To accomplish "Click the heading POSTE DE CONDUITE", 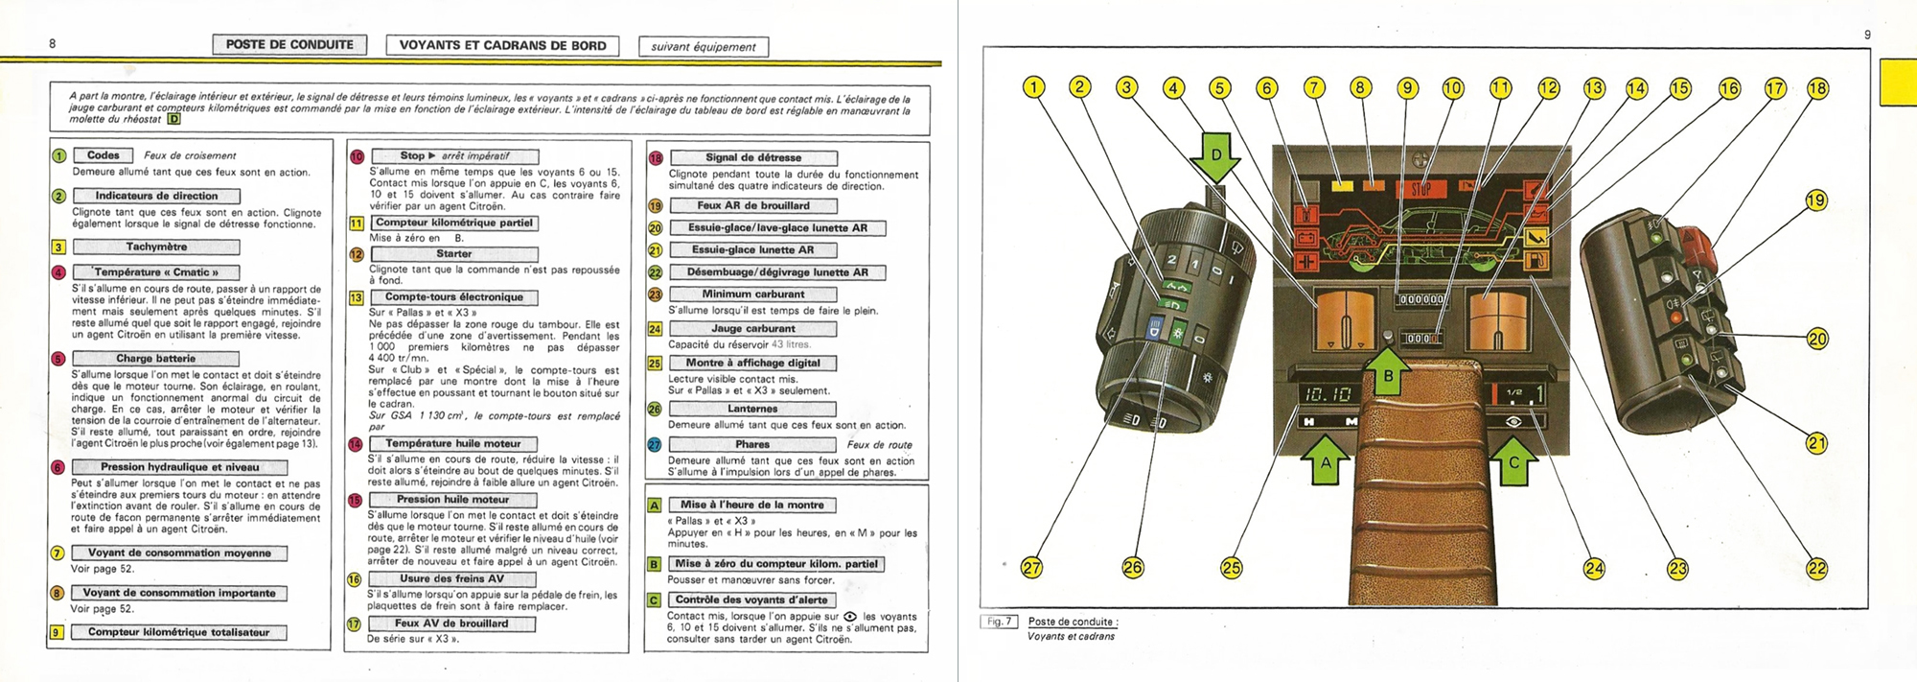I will click(289, 45).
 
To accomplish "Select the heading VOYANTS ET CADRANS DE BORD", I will click(502, 45).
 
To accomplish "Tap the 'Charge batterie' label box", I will click(155, 359).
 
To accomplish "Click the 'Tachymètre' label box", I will click(156, 247).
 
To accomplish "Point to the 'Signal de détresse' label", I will click(753, 157).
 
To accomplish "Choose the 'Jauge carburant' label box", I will click(752, 329).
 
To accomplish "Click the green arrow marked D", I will click(1216, 158).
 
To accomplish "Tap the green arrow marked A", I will click(1326, 461).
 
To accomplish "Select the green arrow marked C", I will click(1514, 461).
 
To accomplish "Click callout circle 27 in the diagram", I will click(1031, 568).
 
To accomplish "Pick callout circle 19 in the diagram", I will click(1815, 200).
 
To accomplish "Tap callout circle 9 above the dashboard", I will click(1407, 88).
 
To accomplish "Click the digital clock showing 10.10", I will click(1327, 394).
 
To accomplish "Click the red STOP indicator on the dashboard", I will click(1420, 189).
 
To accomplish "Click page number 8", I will click(53, 43).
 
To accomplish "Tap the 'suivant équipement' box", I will click(704, 46).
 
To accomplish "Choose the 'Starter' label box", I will click(453, 254).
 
